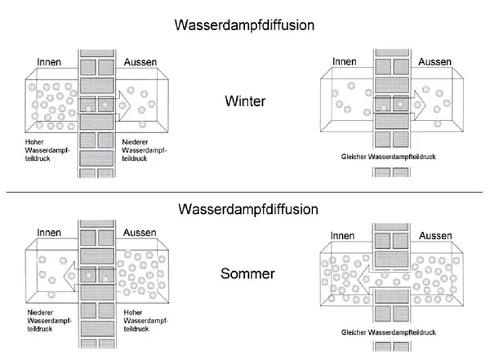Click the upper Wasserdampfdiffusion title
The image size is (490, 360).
[244, 24]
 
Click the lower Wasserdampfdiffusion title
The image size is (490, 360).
[244, 209]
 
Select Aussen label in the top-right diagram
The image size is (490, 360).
[435, 62]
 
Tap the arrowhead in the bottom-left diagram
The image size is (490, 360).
[70, 273]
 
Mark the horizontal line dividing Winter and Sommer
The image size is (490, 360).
[244, 192]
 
